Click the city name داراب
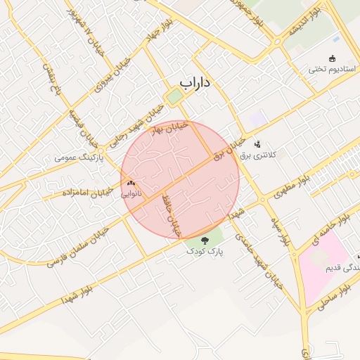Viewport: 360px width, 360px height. click(x=195, y=83)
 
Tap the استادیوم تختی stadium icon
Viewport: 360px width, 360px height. click(x=333, y=58)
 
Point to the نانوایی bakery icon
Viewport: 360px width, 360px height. click(x=131, y=182)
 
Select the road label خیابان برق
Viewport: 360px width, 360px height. click(x=229, y=147)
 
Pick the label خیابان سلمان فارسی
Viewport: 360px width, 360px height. click(x=78, y=247)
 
